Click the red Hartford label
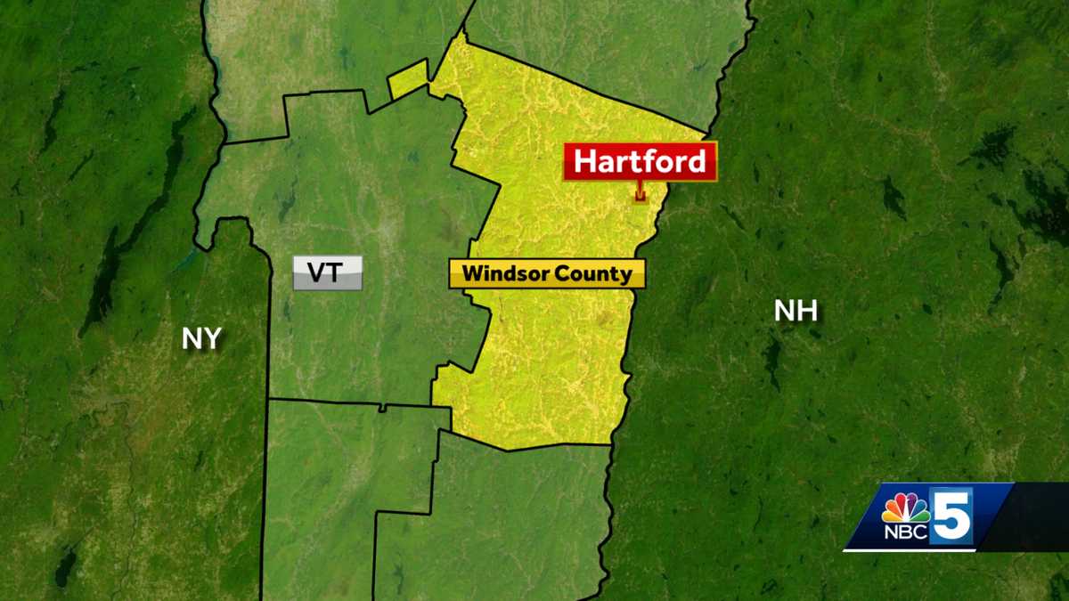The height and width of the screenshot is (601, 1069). (x=640, y=161)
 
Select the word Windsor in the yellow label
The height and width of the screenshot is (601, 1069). (x=501, y=274)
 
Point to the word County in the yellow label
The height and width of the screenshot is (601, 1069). (x=594, y=274)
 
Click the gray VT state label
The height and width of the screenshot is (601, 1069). (x=327, y=272)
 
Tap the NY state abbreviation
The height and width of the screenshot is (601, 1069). (x=201, y=339)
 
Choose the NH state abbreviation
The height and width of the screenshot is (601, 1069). (x=796, y=311)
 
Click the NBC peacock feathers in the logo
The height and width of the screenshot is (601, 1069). (x=905, y=506)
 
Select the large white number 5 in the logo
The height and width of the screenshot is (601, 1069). (x=951, y=516)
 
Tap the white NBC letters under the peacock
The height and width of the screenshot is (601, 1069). (x=905, y=532)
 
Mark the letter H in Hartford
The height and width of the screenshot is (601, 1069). (x=585, y=162)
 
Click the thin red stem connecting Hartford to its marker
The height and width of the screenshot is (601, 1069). (x=640, y=186)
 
